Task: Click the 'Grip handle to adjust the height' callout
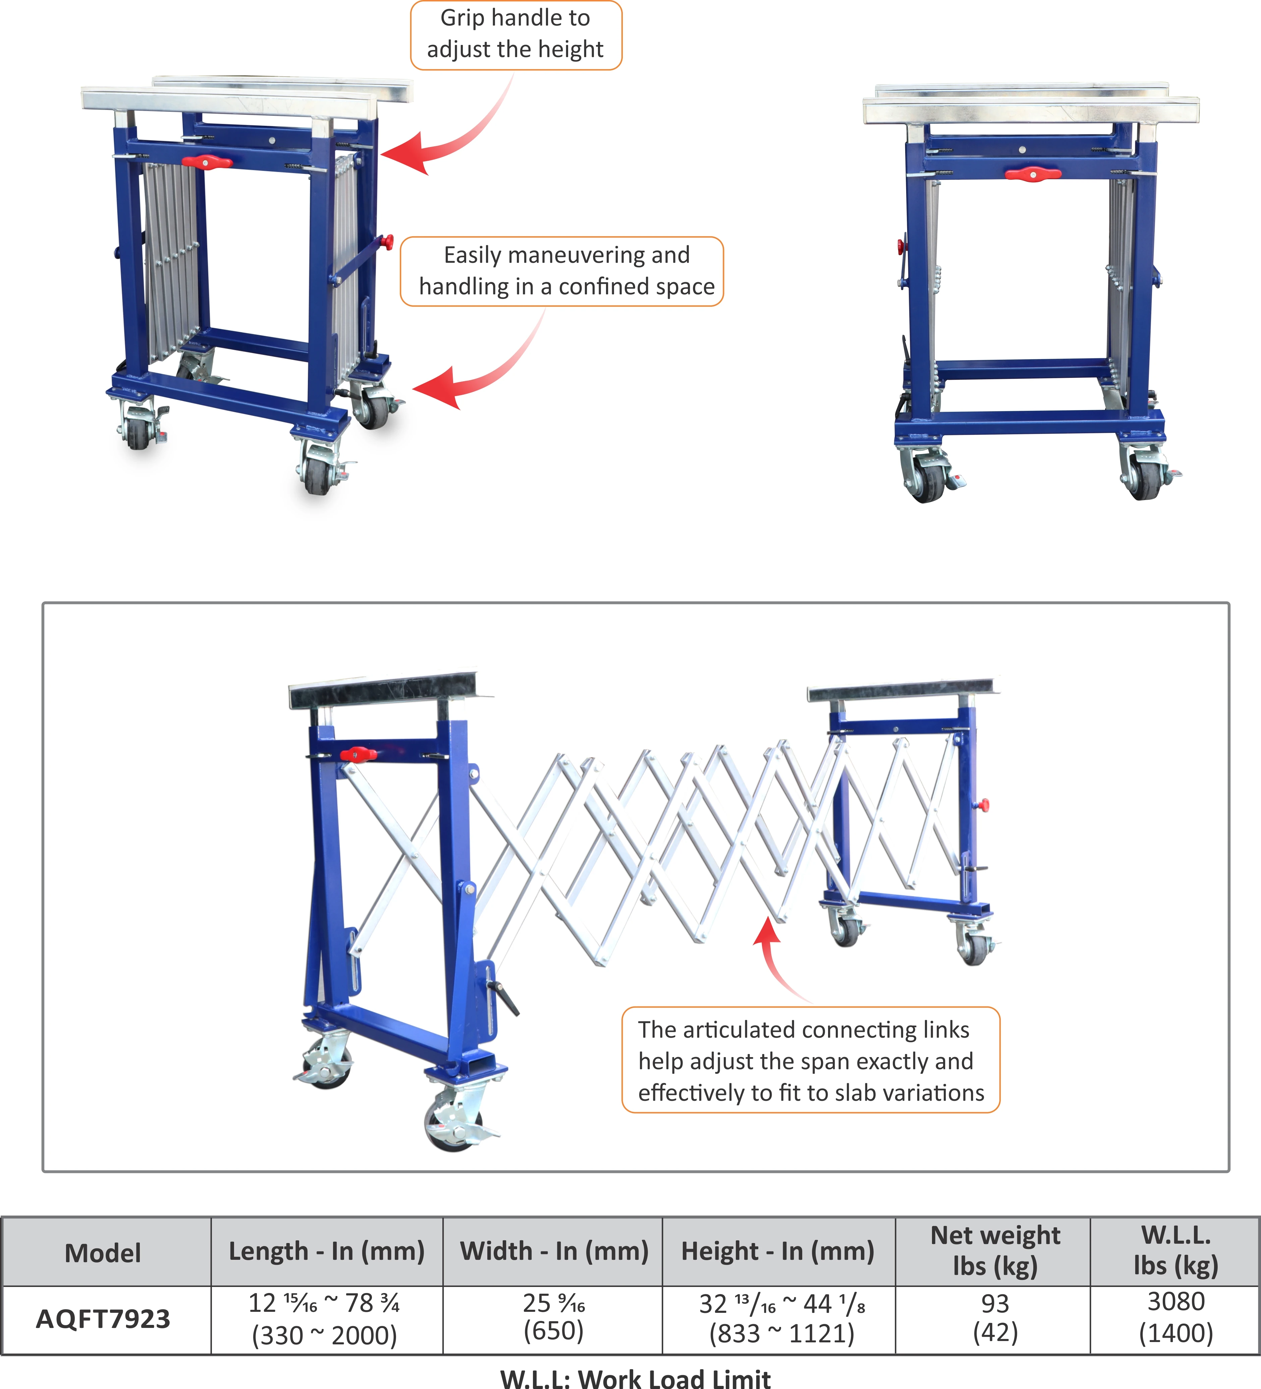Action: (x=516, y=35)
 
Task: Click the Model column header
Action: (x=103, y=1252)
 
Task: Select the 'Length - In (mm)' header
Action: (x=326, y=1250)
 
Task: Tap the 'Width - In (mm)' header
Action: (x=554, y=1250)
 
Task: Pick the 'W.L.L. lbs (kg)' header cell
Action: (x=1175, y=1250)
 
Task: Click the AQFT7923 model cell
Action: (x=103, y=1319)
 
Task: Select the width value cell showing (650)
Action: (x=554, y=1317)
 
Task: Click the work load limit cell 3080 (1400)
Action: (x=1175, y=1317)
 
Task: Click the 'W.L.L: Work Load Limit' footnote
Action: (x=635, y=1378)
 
